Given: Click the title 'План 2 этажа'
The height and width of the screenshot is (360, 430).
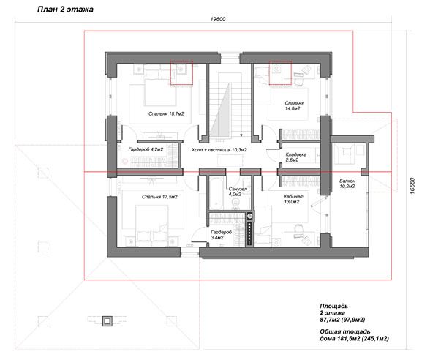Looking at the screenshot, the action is (65, 10).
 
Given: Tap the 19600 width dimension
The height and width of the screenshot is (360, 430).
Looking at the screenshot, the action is (218, 19).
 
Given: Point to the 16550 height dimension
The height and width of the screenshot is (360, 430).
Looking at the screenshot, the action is (412, 186).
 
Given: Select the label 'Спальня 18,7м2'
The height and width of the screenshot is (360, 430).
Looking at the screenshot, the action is (166, 113).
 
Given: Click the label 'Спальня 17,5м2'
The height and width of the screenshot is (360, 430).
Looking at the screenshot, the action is (159, 197).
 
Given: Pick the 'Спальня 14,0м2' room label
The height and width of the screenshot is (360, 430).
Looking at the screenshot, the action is (294, 106).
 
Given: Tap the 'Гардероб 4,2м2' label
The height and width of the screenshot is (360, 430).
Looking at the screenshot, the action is (146, 149).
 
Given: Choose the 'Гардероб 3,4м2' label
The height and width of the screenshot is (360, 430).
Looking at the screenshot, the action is (221, 235).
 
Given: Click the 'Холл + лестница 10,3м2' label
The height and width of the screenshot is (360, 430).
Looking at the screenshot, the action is (219, 150).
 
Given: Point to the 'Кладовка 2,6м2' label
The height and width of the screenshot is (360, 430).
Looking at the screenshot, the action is (296, 157).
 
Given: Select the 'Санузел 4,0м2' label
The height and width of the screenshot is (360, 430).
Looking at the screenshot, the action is (238, 192).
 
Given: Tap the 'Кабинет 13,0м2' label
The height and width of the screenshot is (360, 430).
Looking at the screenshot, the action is (294, 199).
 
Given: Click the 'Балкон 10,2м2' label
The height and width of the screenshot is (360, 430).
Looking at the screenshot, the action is (347, 184).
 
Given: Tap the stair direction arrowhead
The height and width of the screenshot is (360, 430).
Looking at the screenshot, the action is (241, 135).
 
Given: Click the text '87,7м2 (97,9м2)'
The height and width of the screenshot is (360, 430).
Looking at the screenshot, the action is (342, 320).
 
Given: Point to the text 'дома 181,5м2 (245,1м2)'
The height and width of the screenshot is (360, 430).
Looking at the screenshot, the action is (354, 339).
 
